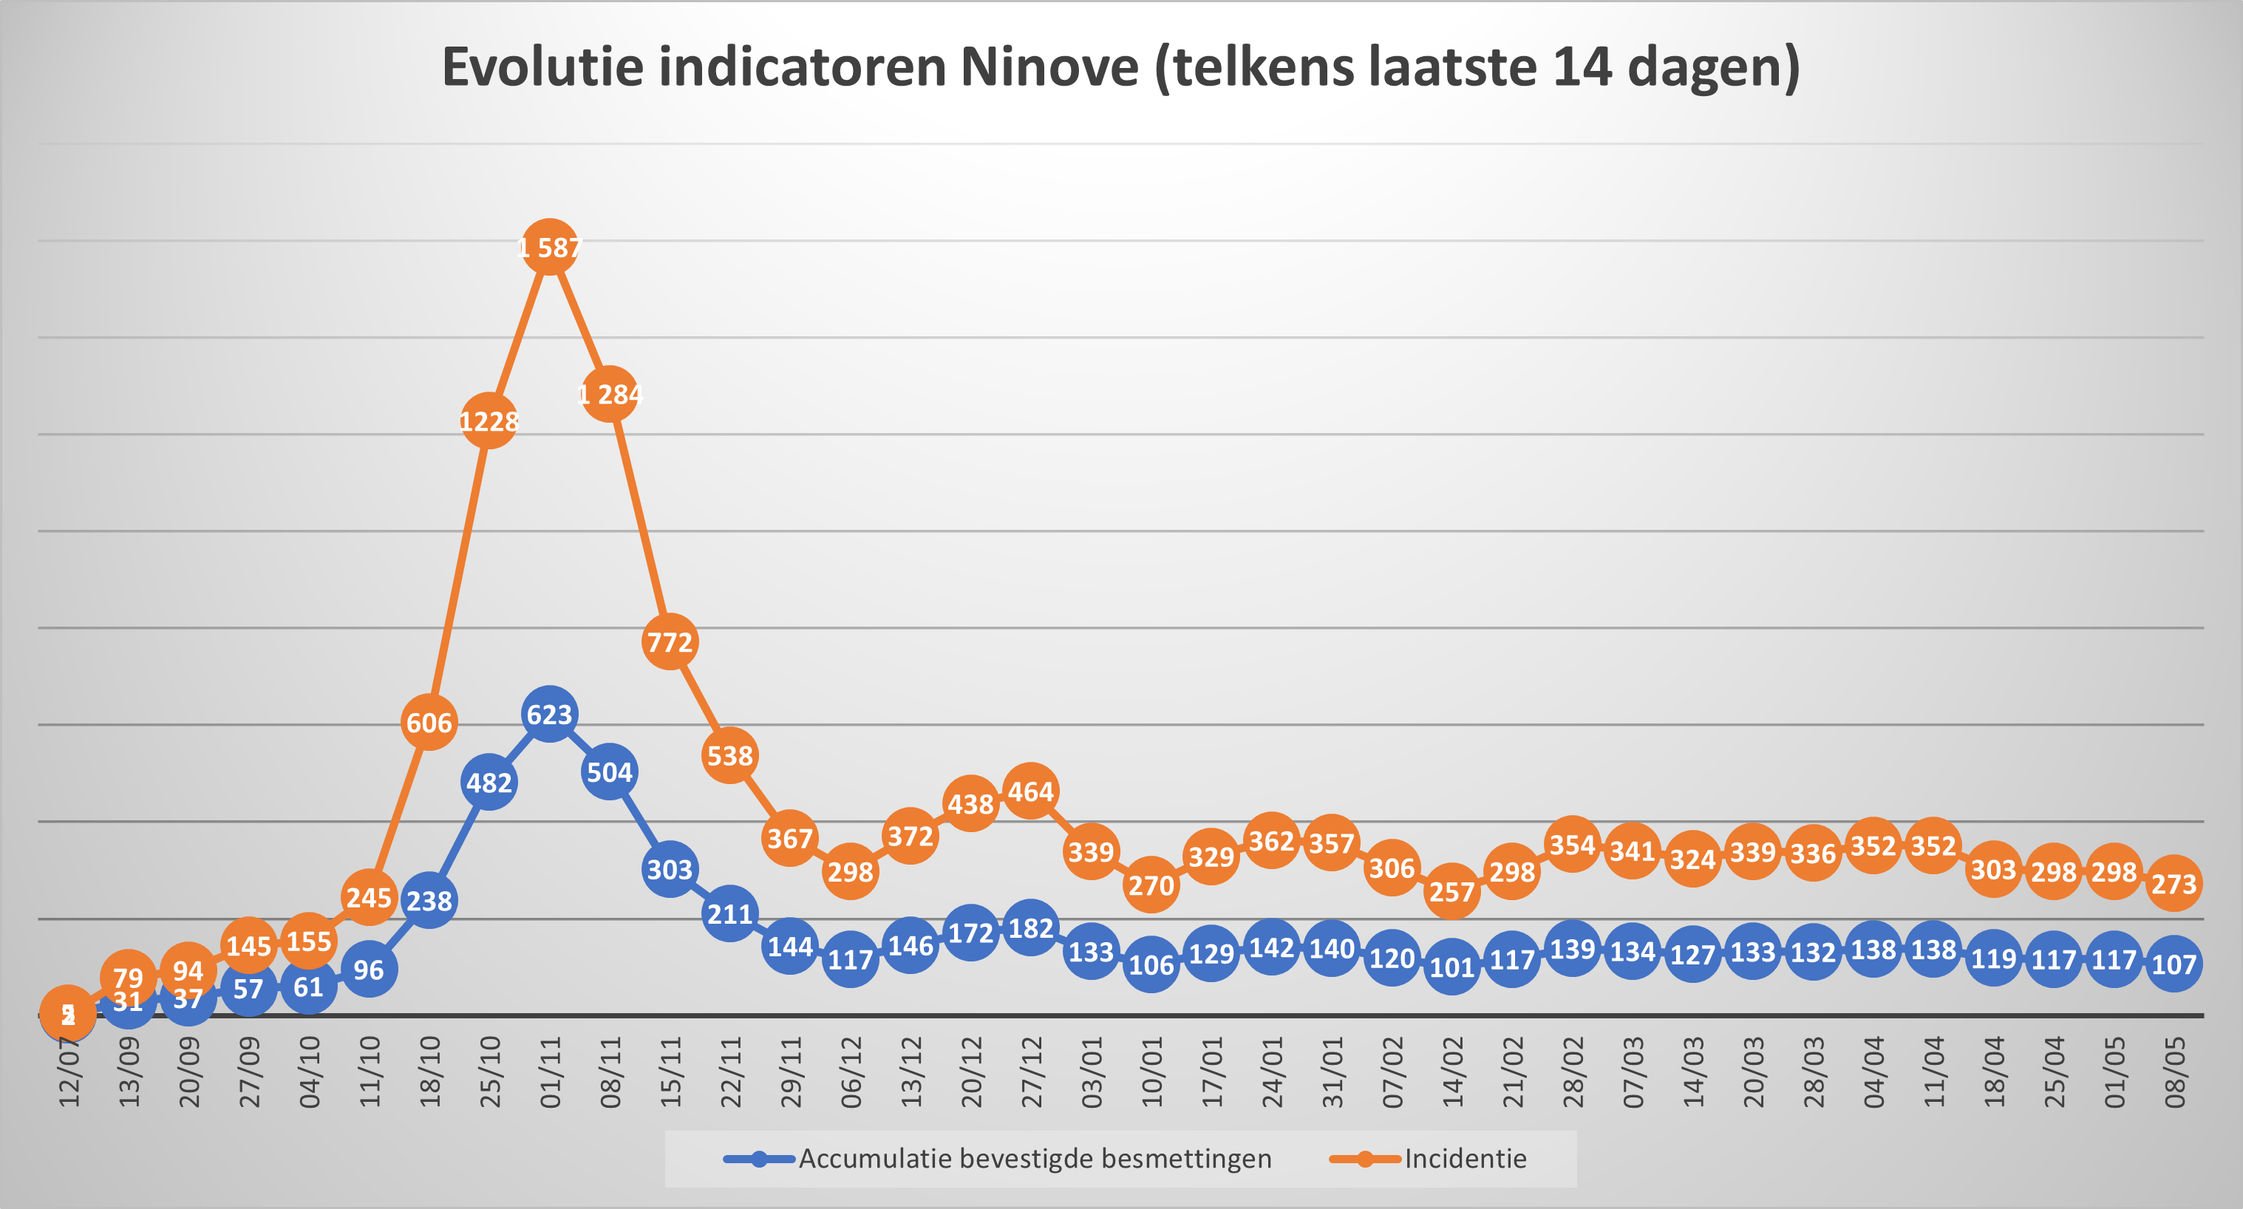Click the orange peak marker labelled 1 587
(x=549, y=248)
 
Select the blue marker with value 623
(x=549, y=714)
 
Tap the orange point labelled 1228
(x=489, y=421)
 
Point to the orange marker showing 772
(x=670, y=642)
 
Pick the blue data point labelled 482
(x=489, y=783)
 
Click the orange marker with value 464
(x=1031, y=791)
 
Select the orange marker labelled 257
(x=1451, y=891)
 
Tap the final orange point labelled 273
(x=2174, y=883)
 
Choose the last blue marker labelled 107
(x=2174, y=964)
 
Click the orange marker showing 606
(x=429, y=723)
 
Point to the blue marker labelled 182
(x=1031, y=928)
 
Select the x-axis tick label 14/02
(x=1452, y=1072)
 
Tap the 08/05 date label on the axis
(x=2174, y=1072)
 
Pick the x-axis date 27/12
(x=1032, y=1072)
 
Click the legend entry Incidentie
(x=1465, y=1159)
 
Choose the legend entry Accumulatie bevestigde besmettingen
(x=1035, y=1159)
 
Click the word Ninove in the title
(x=1049, y=67)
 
